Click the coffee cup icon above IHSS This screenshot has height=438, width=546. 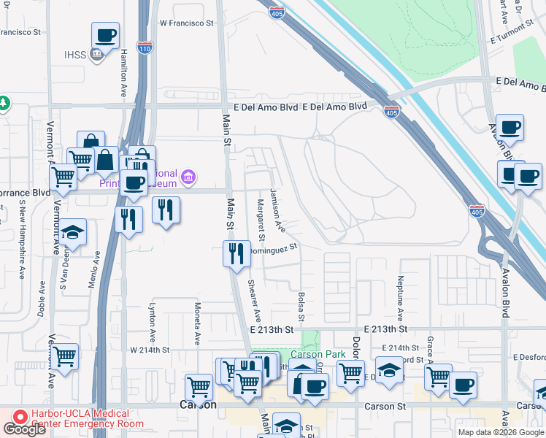[x=105, y=35]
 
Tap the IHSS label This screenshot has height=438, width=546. [x=74, y=54]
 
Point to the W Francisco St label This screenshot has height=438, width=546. [x=186, y=23]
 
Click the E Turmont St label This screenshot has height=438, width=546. [x=518, y=37]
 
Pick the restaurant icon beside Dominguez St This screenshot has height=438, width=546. [x=236, y=254]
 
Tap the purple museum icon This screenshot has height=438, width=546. [x=189, y=176]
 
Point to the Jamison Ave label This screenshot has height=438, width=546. [x=278, y=210]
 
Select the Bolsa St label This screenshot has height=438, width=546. [x=301, y=307]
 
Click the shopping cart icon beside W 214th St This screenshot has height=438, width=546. [x=65, y=357]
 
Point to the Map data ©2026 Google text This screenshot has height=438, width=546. [x=500, y=432]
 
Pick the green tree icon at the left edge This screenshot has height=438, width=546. [x=4, y=103]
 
